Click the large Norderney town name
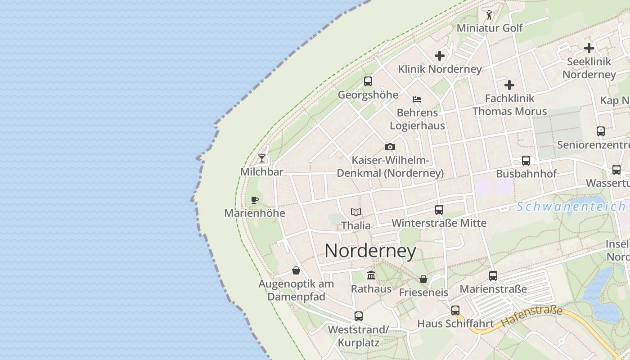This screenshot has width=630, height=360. [x=370, y=251]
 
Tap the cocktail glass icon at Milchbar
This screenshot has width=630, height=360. [x=262, y=158]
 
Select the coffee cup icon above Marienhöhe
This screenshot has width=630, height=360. [x=255, y=200]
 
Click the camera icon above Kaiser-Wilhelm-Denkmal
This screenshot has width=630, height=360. [x=390, y=147]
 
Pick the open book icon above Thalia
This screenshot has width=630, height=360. [x=356, y=212]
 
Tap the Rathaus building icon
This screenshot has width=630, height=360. [x=371, y=275]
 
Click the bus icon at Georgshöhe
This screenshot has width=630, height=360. [x=368, y=81]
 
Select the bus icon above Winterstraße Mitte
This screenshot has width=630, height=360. [x=439, y=209]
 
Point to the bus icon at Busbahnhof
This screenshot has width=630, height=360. [x=526, y=160]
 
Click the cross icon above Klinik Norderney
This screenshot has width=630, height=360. [x=440, y=56]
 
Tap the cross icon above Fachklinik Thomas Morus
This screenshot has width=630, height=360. [x=509, y=85]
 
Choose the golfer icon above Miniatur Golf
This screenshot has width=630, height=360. [x=489, y=15]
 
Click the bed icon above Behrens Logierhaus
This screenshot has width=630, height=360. [x=417, y=99]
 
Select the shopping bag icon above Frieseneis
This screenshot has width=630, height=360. [x=423, y=279]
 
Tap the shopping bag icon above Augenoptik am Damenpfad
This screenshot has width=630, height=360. [x=296, y=270]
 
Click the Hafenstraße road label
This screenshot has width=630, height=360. [x=532, y=316]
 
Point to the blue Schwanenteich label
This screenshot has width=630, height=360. [x=571, y=207]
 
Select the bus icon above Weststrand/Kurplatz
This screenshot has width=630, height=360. [x=358, y=316]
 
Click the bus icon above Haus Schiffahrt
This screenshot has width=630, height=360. [x=455, y=310]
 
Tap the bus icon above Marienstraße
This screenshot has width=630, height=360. [x=493, y=275]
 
